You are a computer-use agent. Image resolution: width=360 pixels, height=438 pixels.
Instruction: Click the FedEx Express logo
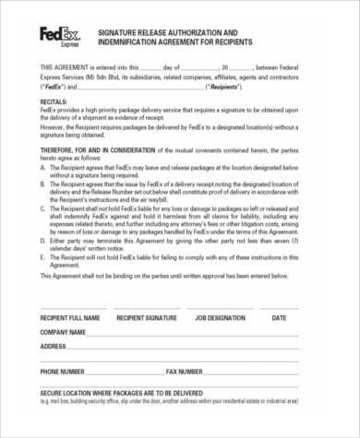58,36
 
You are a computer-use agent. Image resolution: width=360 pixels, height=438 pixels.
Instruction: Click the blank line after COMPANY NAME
203,334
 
